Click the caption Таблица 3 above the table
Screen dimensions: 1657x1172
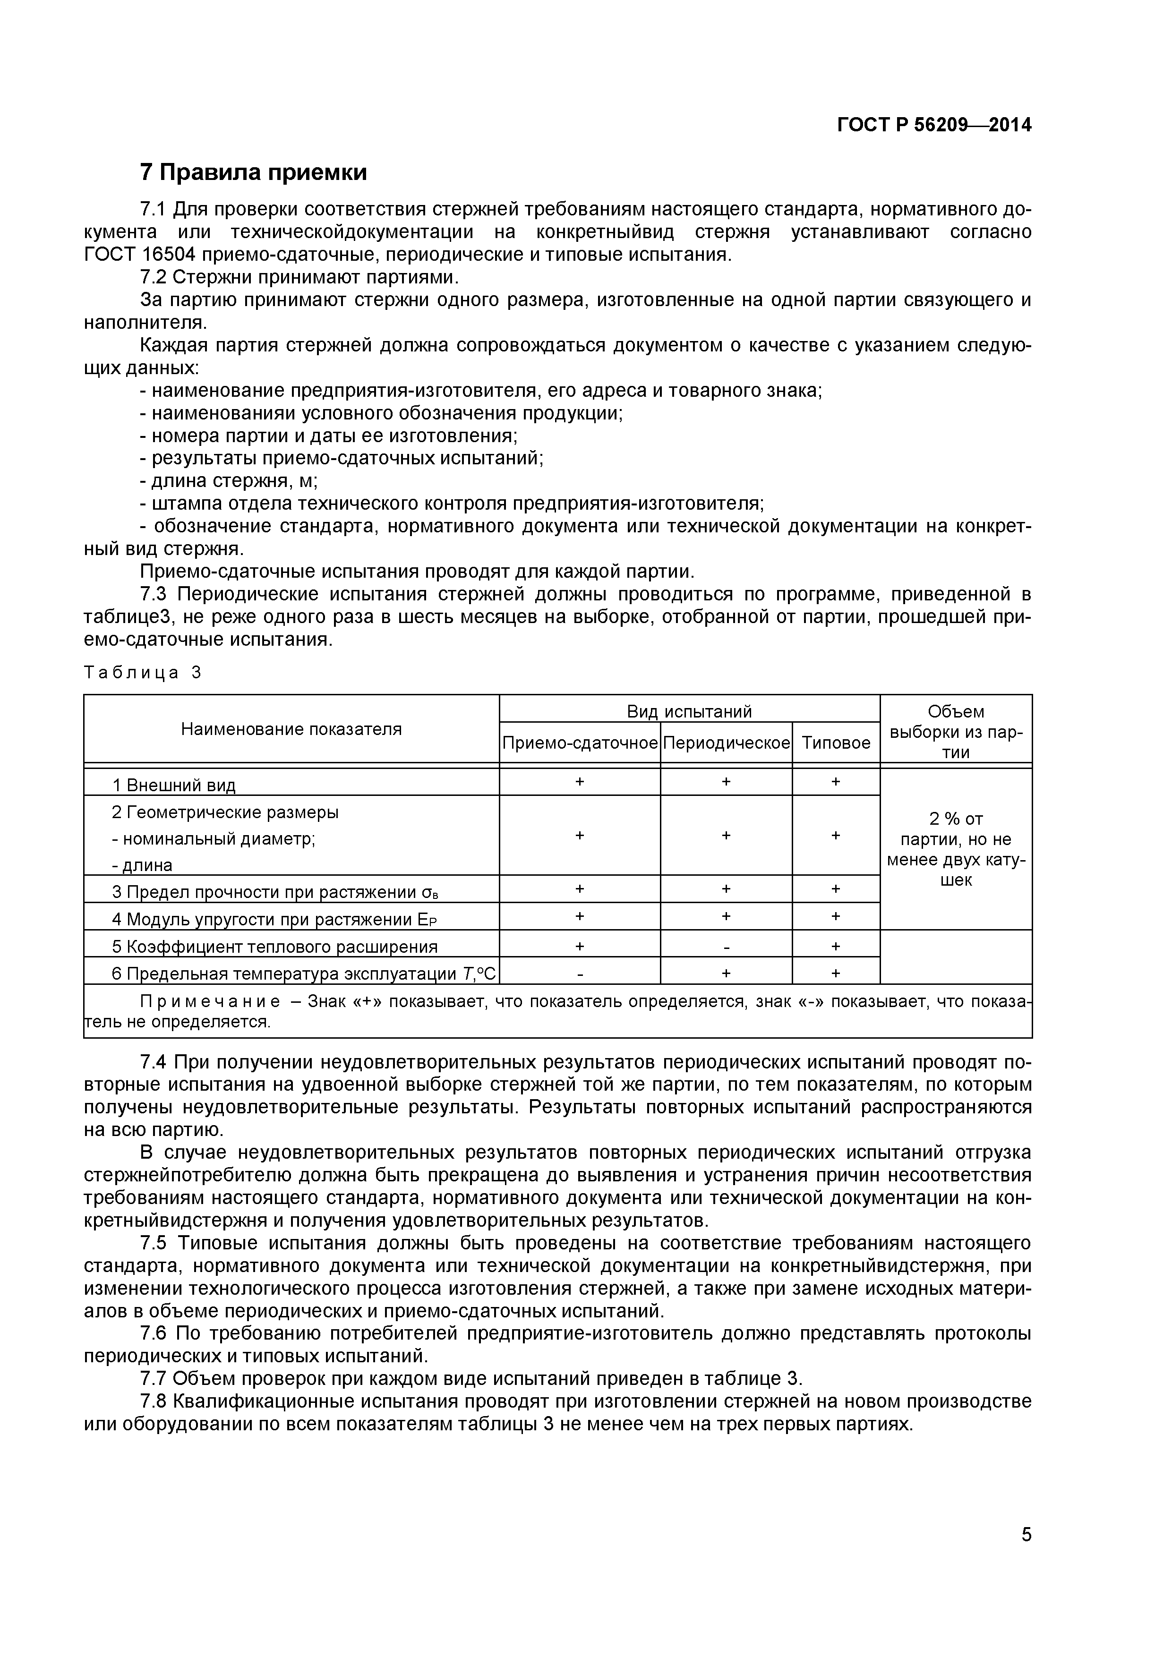(143, 673)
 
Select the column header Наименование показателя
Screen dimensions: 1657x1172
(291, 729)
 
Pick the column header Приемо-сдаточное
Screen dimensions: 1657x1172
(580, 743)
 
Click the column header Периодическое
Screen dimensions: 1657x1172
(726, 743)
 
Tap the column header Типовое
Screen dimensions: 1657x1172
(836, 743)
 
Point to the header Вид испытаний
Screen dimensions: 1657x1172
(689, 711)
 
